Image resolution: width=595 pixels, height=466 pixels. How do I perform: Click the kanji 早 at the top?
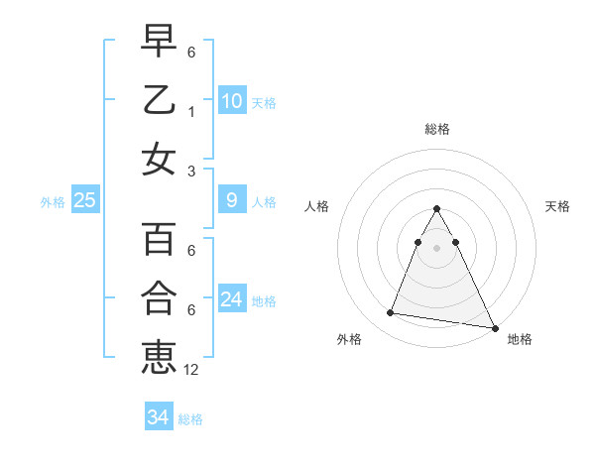(159, 41)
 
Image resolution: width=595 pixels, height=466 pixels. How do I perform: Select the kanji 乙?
(159, 100)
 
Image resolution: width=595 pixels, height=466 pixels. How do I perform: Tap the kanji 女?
(159, 160)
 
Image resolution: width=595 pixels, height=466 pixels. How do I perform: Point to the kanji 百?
(159, 239)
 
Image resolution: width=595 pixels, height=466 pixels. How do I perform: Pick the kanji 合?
(159, 298)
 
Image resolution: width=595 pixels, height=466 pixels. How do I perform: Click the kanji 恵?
(159, 357)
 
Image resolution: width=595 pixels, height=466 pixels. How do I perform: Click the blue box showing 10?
(231, 100)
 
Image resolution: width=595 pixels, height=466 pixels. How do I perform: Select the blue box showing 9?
(231, 200)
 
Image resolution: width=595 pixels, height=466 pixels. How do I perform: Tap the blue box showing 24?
(231, 299)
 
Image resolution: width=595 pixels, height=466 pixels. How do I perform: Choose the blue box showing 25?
(84, 200)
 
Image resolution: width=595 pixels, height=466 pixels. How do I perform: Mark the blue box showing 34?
(158, 417)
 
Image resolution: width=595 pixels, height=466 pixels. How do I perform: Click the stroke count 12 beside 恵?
(191, 370)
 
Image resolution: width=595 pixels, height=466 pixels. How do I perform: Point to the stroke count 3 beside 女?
(191, 171)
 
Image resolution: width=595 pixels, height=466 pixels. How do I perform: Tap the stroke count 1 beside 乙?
(191, 112)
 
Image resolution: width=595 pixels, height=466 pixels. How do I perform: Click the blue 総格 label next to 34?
(190, 418)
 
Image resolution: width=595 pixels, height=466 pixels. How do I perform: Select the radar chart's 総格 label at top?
(436, 129)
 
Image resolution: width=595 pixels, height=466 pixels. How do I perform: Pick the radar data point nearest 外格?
(391, 313)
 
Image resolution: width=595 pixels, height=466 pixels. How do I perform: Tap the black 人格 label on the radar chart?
(317, 206)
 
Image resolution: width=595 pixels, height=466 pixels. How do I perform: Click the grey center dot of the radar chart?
(436, 247)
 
